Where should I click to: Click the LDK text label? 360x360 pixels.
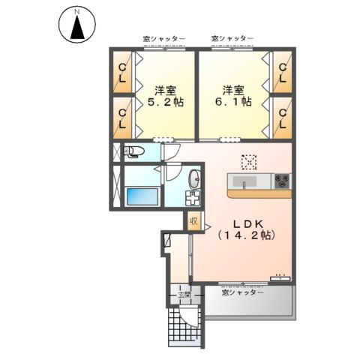246,223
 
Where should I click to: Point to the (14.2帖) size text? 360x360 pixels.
246,235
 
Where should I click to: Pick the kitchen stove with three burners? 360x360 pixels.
282,180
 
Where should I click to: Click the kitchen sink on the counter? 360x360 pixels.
244,181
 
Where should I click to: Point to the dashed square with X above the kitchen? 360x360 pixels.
248,161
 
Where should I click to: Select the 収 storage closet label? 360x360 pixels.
193,221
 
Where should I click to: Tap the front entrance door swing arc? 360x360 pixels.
193,319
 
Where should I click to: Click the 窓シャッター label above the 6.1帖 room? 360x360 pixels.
232,37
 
